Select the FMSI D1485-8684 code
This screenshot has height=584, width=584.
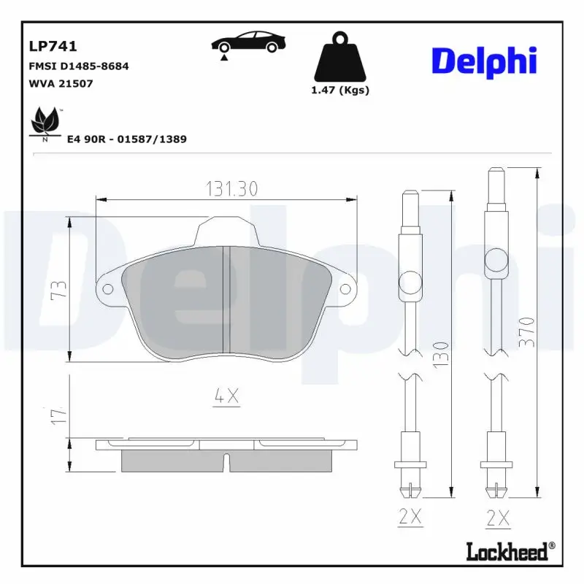pyautogui.click(x=79, y=66)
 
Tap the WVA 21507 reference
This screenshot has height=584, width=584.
pyautogui.click(x=61, y=83)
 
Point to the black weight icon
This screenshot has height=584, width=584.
pyautogui.click(x=340, y=56)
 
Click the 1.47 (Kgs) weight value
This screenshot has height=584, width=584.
pyautogui.click(x=340, y=91)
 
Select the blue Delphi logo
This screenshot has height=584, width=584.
pyautogui.click(x=484, y=60)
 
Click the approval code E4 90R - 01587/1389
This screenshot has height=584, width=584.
pyautogui.click(x=126, y=139)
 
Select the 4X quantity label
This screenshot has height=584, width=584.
pyautogui.click(x=227, y=396)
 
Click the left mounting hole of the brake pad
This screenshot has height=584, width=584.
pyautogui.click(x=108, y=289)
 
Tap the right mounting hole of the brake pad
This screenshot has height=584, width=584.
pyautogui.click(x=346, y=289)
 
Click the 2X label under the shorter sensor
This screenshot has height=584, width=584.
pyautogui.click(x=410, y=517)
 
